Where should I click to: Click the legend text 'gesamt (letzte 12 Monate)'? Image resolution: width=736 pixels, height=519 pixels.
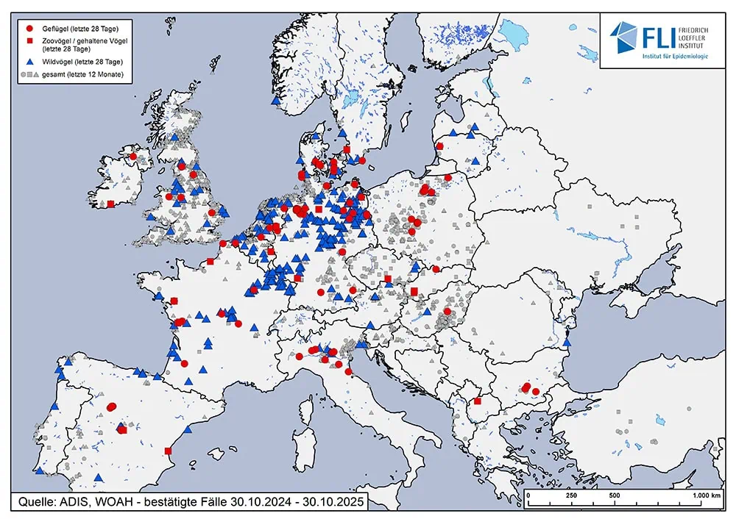coord(82,75)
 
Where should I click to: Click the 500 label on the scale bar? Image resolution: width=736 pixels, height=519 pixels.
coord(613,495)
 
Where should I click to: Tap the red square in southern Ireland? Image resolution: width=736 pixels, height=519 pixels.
coord(110,204)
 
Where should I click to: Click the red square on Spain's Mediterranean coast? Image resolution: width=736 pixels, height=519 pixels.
coord(169,451)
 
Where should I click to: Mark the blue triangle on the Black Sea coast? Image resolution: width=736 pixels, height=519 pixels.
coord(567,343)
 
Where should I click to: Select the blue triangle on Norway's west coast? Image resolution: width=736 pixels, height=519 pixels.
coord(275,101)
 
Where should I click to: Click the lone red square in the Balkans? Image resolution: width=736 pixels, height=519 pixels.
coord(478,401)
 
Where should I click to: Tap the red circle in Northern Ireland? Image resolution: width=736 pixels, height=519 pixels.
coord(133,156)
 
